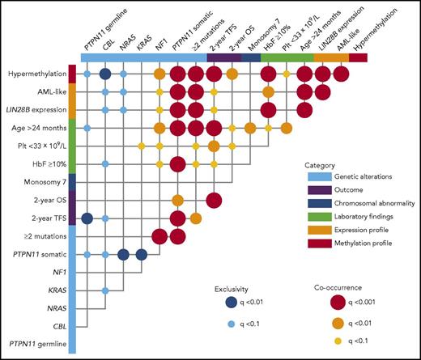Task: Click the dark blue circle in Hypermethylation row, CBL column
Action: click(x=105, y=75)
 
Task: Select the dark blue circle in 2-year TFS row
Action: click(x=87, y=217)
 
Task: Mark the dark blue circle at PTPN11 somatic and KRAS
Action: click(x=141, y=253)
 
